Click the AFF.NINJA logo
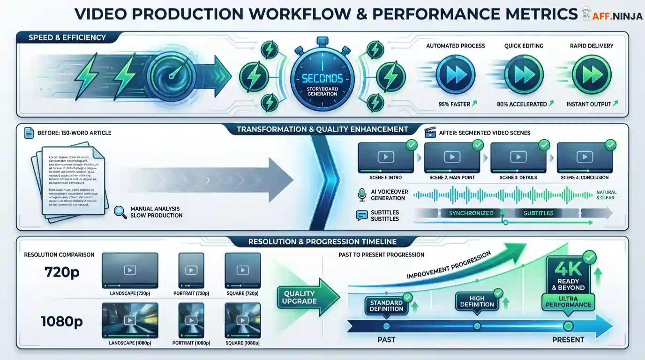pyautogui.click(x=612, y=14)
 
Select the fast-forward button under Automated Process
pyautogui.click(x=455, y=75)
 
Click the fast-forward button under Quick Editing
pyautogui.click(x=524, y=75)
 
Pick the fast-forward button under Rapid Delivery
pyautogui.click(x=592, y=75)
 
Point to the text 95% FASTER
pyautogui.click(x=454, y=104)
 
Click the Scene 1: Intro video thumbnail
pyautogui.click(x=386, y=157)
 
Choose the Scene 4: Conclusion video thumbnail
pyautogui.click(x=585, y=157)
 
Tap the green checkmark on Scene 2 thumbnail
pyautogui.click(x=478, y=145)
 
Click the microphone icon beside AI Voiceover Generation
pyautogui.click(x=361, y=195)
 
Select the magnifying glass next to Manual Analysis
pyautogui.click(x=120, y=212)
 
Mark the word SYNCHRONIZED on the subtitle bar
pyautogui.click(x=471, y=213)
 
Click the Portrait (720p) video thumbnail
pyautogui.click(x=191, y=270)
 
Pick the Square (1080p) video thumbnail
pyautogui.click(x=242, y=320)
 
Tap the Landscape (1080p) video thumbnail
pyautogui.click(x=130, y=320)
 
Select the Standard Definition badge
pyautogui.click(x=386, y=306)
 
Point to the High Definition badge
pyautogui.click(x=476, y=301)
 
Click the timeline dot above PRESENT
pyautogui.click(x=568, y=326)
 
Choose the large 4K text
pyautogui.click(x=568, y=269)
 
